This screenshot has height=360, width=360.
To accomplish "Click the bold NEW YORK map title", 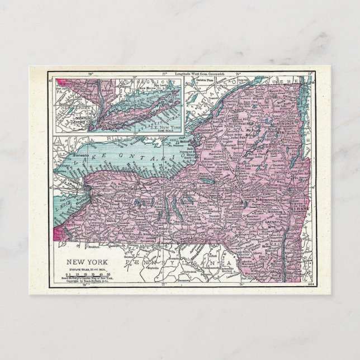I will click(x=84, y=261).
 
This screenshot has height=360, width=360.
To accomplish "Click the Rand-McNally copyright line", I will click(x=84, y=281).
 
